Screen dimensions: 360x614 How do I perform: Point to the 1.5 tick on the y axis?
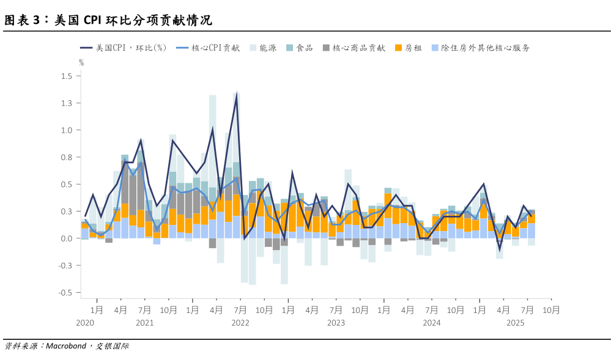67,76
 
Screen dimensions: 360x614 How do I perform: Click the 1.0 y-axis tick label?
67,130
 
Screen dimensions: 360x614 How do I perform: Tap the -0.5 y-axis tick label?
65,293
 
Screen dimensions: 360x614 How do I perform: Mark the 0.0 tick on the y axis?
67,238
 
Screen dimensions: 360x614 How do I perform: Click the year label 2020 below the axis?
85,323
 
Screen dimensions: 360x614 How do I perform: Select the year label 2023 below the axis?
336,323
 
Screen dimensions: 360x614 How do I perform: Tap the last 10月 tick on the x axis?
551,310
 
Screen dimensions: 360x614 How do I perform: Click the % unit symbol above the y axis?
81,62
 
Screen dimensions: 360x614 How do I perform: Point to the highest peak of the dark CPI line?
237,95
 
